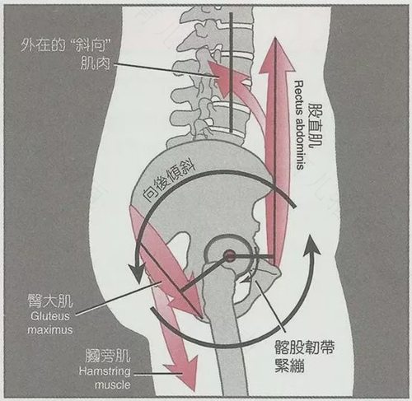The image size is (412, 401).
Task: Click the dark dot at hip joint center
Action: click(x=229, y=256)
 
